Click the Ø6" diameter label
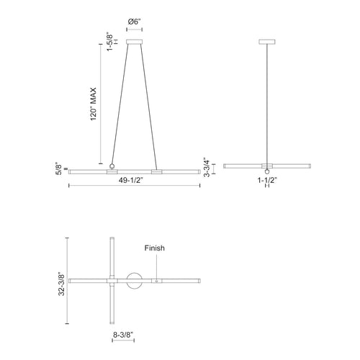pyautogui.click(x=134, y=22)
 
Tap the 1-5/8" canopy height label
pyautogui.click(x=109, y=41)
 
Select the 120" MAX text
pyautogui.click(x=94, y=104)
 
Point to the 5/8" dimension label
pyautogui.click(x=58, y=169)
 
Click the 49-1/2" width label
pyautogui.click(x=131, y=180)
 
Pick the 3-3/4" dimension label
pyautogui.click(x=207, y=167)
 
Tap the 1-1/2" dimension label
pyautogui.click(x=267, y=180)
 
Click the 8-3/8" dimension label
pyautogui.click(x=123, y=335)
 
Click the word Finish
pyautogui.click(x=155, y=248)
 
